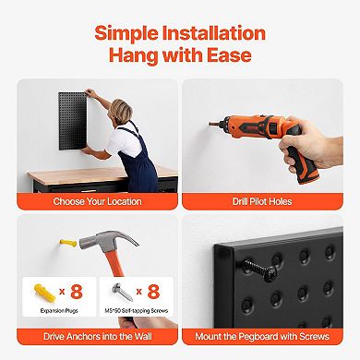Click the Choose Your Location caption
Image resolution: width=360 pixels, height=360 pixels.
coord(97,201)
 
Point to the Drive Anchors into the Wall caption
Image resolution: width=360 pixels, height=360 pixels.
coord(97,338)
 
